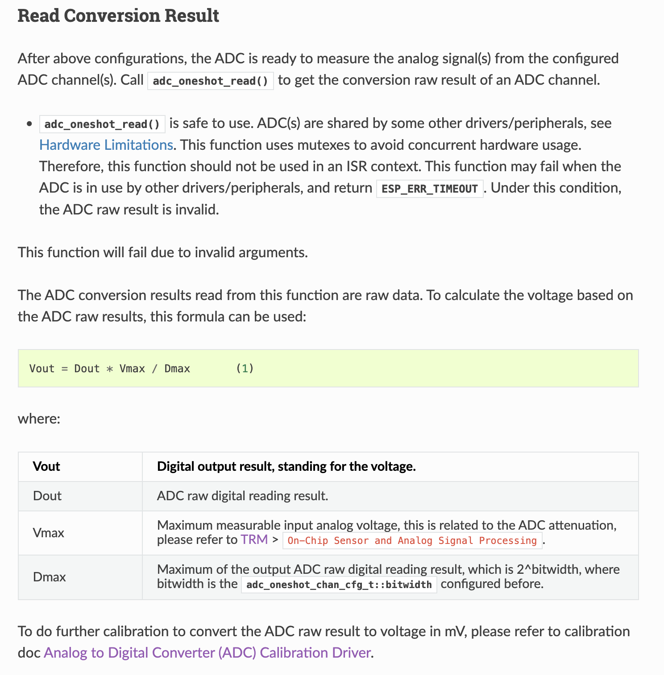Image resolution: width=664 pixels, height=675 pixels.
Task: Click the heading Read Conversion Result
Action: pyautogui.click(x=118, y=16)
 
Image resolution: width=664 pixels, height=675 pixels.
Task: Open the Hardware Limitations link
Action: pyautogui.click(x=106, y=145)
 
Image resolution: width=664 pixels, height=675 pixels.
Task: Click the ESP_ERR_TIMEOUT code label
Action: pyautogui.click(x=430, y=189)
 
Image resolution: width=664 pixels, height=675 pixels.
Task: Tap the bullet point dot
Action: pyautogui.click(x=29, y=124)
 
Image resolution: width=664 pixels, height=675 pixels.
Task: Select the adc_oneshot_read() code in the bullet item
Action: pyautogui.click(x=102, y=124)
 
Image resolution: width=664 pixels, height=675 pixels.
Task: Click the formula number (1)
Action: pyautogui.click(x=245, y=368)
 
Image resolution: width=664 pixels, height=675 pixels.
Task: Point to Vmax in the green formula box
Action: pyautogui.click(x=132, y=369)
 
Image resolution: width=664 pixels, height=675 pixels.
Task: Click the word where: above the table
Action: pyautogui.click(x=39, y=419)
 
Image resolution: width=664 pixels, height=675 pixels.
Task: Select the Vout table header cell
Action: pyautogui.click(x=46, y=466)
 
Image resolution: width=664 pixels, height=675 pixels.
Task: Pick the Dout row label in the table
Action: pyautogui.click(x=47, y=496)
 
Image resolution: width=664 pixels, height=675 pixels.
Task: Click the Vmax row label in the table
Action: pyautogui.click(x=49, y=533)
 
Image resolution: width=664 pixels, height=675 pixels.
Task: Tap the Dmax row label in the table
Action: pyautogui.click(x=50, y=577)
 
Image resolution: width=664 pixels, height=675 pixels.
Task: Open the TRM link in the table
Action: pyautogui.click(x=254, y=539)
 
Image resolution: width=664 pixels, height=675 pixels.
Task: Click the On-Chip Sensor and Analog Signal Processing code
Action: pyautogui.click(x=412, y=540)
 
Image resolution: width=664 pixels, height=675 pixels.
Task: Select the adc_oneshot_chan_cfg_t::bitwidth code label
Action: pyautogui.click(x=339, y=584)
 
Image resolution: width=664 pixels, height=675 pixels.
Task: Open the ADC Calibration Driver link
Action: pyautogui.click(x=207, y=653)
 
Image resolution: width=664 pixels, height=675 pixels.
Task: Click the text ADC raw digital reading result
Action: pyautogui.click(x=242, y=496)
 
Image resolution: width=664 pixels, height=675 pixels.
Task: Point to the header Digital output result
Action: pyautogui.click(x=286, y=466)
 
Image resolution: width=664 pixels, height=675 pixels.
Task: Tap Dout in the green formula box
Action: pyautogui.click(x=87, y=369)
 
